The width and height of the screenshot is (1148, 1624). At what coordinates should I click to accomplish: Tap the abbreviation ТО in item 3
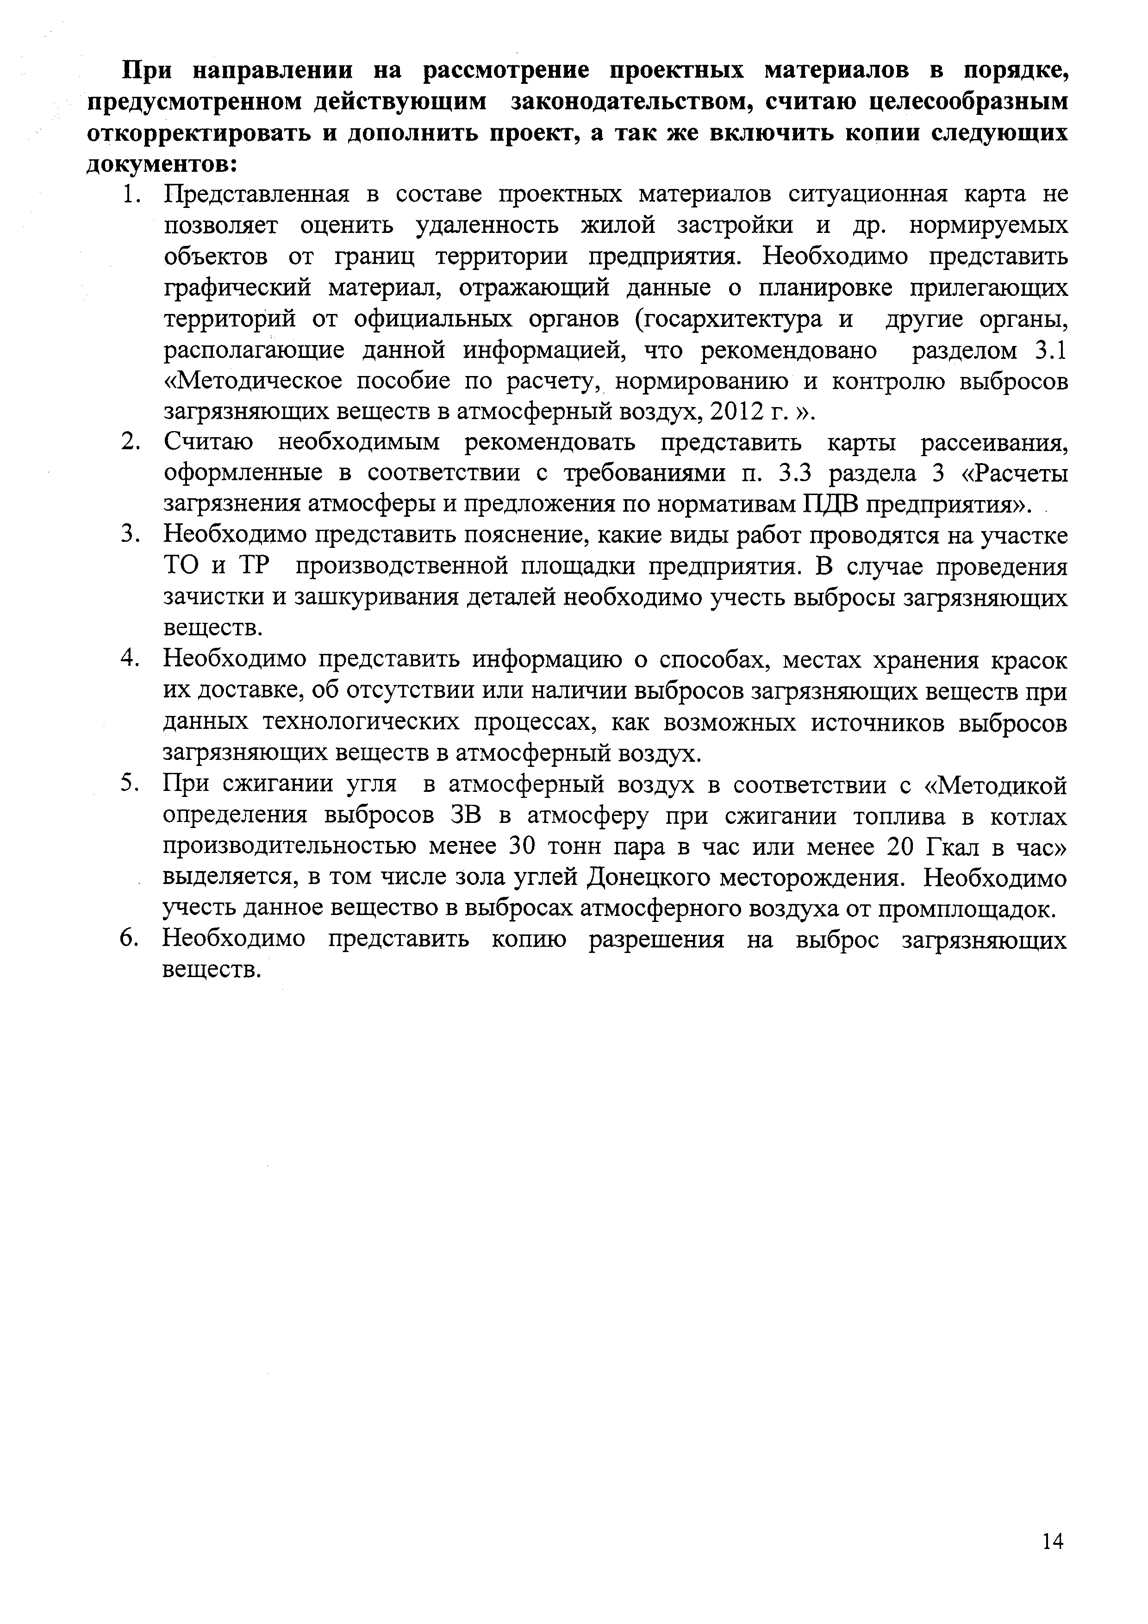(x=181, y=567)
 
